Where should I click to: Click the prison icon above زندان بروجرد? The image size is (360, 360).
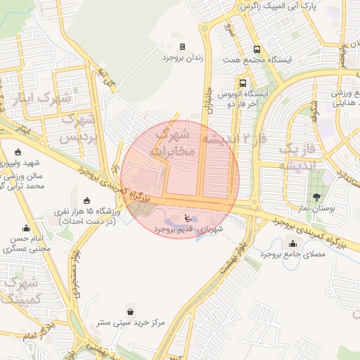[183, 46]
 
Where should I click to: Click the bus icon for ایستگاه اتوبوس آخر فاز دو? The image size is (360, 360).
[223, 82]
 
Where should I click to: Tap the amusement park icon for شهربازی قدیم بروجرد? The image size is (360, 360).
[186, 218]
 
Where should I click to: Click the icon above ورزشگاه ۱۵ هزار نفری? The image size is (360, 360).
[86, 201]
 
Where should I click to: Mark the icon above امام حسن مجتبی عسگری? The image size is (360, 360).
[27, 228]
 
